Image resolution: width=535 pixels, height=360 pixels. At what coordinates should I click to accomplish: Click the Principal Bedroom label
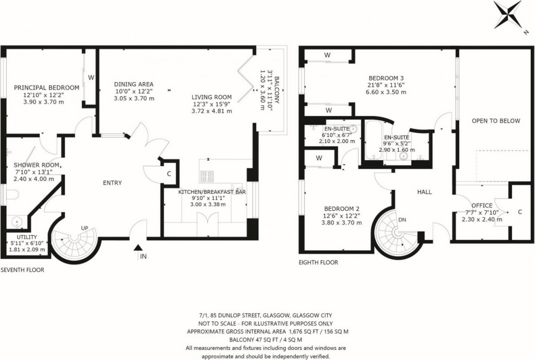(x=46, y=88)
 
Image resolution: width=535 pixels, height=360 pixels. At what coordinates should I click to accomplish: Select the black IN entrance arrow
(x=137, y=248)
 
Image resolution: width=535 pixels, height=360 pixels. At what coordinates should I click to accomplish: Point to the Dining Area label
(x=134, y=84)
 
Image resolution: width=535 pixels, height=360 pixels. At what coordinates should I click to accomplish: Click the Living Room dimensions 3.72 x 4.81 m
(x=212, y=111)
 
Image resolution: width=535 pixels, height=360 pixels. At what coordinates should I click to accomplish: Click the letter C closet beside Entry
(x=169, y=173)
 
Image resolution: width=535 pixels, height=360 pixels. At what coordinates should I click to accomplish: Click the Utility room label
(x=27, y=237)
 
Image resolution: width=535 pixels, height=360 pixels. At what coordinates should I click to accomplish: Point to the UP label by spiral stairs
(x=85, y=228)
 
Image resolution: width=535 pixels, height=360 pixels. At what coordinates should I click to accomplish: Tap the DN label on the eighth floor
(x=402, y=220)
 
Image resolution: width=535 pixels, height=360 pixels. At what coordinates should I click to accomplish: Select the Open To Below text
(x=496, y=121)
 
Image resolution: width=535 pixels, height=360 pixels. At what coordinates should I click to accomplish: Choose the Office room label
(x=482, y=205)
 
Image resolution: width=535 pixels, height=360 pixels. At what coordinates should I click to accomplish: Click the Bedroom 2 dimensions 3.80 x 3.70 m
(x=342, y=223)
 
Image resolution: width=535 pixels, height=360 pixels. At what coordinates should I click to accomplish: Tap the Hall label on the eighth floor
(x=424, y=192)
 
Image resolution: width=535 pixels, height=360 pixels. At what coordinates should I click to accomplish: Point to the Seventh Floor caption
(x=22, y=270)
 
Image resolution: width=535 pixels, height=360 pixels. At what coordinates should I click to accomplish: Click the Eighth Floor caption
(x=318, y=262)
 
